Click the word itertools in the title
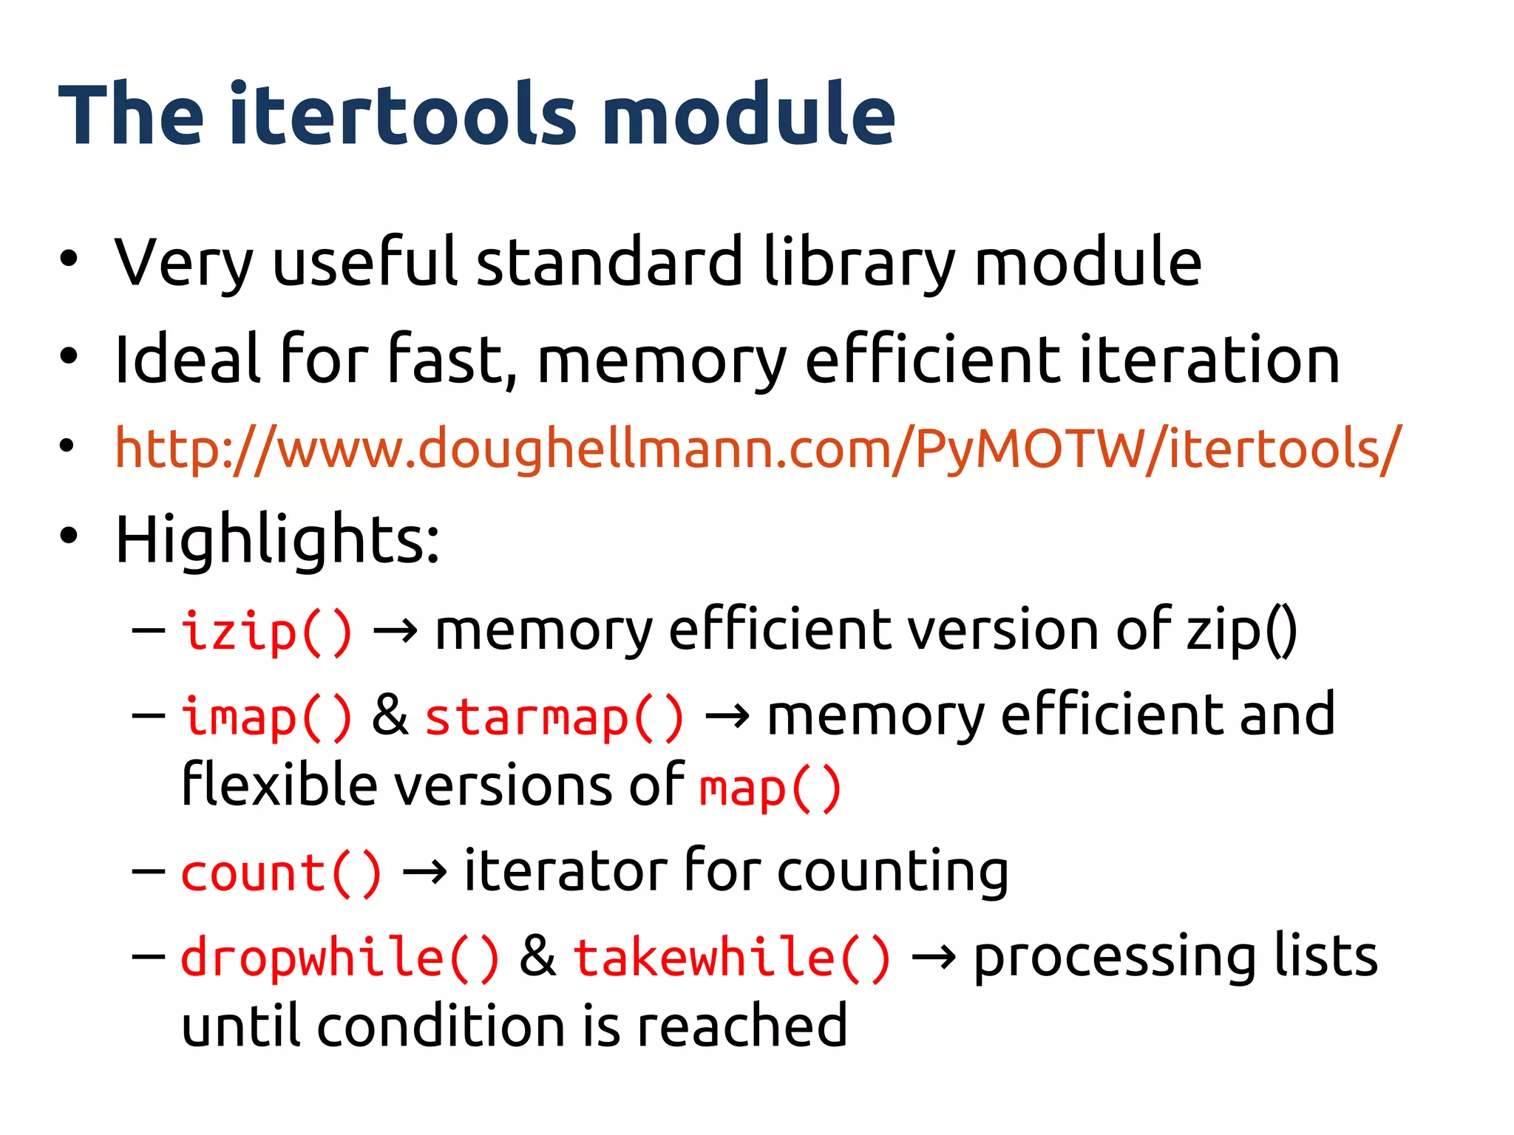[402, 115]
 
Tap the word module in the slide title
[748, 115]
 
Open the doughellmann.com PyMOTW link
[758, 449]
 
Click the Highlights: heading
[277, 539]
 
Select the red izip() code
[267, 631]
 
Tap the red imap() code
[267, 716]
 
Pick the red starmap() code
[554, 716]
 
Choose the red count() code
[281, 873]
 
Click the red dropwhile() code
[340, 958]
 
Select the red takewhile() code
[732, 958]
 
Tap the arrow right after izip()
[395, 632]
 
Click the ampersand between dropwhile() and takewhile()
[537, 956]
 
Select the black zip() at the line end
[1241, 631]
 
